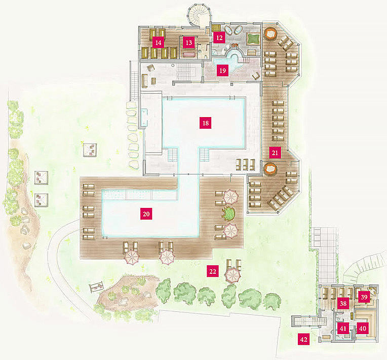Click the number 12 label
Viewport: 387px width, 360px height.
(219, 38)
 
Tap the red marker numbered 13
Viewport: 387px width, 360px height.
(189, 43)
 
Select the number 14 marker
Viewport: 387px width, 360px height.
(158, 43)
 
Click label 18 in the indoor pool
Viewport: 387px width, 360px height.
(206, 123)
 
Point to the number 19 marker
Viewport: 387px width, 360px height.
(222, 70)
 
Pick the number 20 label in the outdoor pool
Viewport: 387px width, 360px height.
(146, 214)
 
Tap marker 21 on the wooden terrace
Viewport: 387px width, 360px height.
(275, 153)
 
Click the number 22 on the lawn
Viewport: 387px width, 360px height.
(213, 272)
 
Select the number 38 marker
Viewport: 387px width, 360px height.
(343, 303)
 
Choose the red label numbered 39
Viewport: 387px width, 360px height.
(364, 297)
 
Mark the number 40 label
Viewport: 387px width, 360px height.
(363, 329)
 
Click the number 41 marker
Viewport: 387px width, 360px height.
(343, 329)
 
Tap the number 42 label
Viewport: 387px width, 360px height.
(304, 340)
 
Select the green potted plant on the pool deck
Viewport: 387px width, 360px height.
(228, 213)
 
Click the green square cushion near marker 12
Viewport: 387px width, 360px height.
(253, 39)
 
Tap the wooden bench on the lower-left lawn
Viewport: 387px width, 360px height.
(97, 287)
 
